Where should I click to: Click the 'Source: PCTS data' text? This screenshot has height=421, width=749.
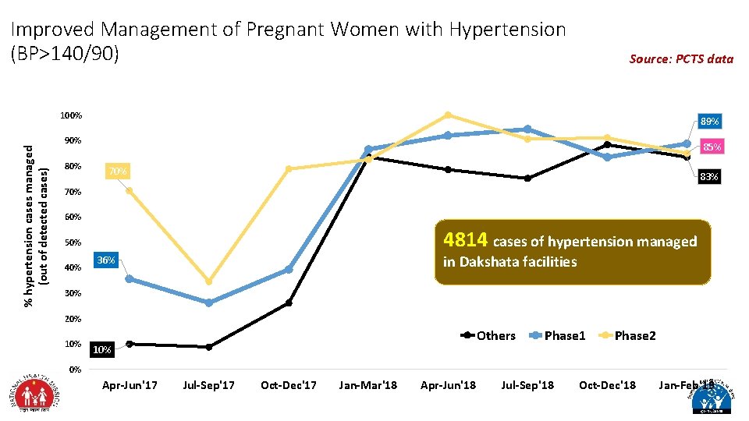click(681, 58)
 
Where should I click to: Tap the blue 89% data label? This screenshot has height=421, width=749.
click(709, 122)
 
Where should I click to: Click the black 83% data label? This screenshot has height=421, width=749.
click(709, 177)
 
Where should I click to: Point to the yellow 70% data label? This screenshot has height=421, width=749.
click(118, 171)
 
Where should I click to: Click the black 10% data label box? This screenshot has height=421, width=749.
click(101, 350)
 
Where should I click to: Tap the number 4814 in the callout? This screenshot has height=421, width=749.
click(465, 239)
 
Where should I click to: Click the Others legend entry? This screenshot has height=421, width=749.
click(488, 335)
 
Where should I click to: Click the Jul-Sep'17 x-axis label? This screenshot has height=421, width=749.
click(208, 385)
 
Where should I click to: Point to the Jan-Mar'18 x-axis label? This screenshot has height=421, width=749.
click(367, 385)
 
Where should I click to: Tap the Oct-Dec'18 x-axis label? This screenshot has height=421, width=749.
click(607, 385)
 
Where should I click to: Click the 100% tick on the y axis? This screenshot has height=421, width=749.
click(71, 116)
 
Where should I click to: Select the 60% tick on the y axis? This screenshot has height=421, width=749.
click(73, 217)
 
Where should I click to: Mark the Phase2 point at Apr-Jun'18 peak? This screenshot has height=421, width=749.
click(448, 115)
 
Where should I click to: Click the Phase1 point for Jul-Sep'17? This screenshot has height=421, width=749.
click(209, 302)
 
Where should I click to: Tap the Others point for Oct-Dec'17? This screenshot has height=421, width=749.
click(289, 302)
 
